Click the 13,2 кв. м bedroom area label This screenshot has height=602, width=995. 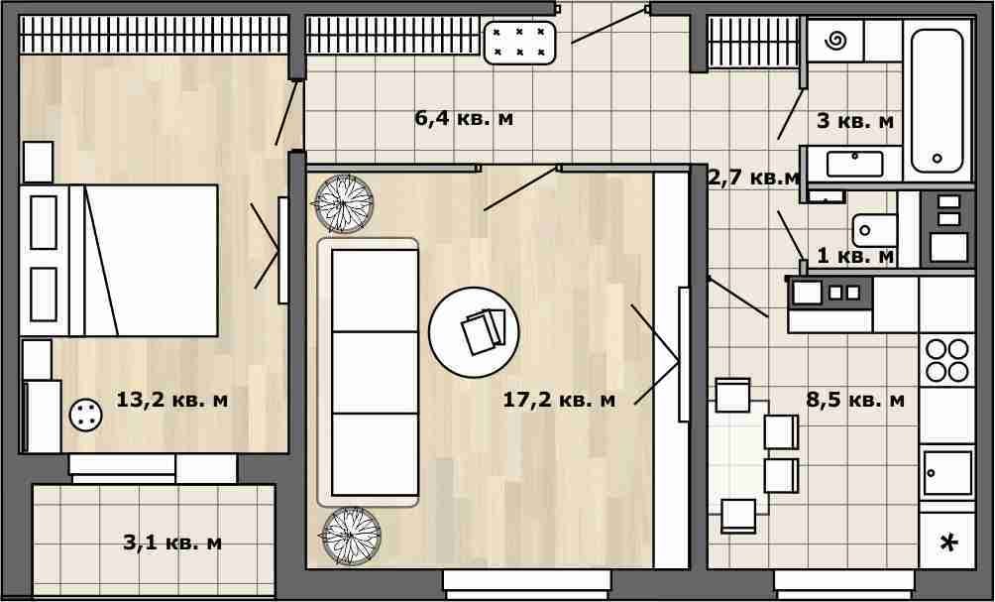(172, 401)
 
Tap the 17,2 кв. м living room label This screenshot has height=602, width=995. (559, 400)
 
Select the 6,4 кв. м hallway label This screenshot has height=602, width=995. (464, 118)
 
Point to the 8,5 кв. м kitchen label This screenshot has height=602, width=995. (855, 400)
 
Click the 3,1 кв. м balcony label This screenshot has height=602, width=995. (172, 542)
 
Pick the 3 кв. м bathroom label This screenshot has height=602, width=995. (855, 121)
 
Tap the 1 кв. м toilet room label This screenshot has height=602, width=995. (855, 256)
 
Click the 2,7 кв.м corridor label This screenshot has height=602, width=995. (753, 178)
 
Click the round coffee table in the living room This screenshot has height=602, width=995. (474, 333)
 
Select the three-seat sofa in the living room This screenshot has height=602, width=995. (368, 373)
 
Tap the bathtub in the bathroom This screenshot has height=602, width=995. (938, 100)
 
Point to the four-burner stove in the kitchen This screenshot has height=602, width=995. (946, 360)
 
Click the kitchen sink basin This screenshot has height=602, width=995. (947, 473)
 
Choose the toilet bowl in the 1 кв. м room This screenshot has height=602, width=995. (874, 230)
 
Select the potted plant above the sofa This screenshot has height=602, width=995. (344, 204)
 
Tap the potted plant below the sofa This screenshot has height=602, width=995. (351, 537)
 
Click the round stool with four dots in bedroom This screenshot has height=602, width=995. (85, 416)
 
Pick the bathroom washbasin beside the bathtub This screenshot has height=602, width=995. (854, 164)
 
